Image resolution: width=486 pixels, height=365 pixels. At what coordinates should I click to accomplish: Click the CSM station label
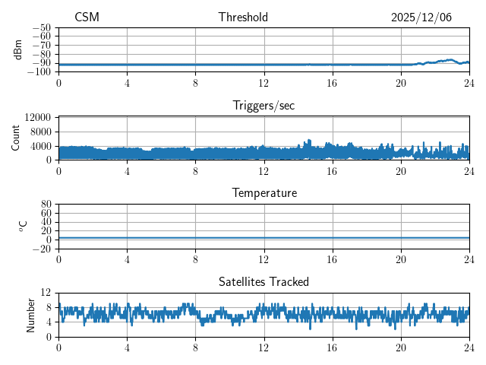pos(87,17)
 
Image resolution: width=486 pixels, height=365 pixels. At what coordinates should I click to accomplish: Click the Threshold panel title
pos(243,17)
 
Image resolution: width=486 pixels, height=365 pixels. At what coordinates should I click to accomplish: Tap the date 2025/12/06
pos(421,17)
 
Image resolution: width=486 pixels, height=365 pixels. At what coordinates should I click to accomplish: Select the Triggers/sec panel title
pos(264,106)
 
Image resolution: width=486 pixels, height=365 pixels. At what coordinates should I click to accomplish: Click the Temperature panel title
pos(264,193)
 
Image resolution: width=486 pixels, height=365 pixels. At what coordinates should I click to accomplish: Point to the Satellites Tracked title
pos(264,281)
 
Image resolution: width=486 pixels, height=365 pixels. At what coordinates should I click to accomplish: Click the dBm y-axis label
pos(18,49)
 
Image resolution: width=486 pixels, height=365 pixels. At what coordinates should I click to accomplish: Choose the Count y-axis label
pos(16,138)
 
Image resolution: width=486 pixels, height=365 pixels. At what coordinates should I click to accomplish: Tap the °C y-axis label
pos(23,226)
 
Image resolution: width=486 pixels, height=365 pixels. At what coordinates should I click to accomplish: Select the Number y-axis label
pos(31,314)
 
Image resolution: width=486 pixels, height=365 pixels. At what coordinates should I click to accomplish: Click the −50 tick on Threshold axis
pos(41,27)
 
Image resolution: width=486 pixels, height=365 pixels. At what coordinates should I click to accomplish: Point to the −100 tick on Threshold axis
pos(39,72)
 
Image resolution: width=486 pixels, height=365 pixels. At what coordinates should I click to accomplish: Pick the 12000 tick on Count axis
pos(37,118)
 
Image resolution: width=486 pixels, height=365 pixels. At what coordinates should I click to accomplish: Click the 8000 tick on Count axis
pos(39,132)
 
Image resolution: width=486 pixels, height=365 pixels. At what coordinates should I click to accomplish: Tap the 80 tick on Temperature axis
pos(46,205)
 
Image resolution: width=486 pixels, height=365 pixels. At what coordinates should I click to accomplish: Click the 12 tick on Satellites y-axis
pos(46,293)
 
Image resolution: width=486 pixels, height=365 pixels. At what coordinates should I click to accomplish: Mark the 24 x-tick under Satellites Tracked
pos(469,347)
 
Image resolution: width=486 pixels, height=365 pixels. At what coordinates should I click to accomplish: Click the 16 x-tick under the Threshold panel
pos(332,82)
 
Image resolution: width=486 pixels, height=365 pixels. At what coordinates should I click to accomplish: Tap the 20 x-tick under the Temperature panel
pos(401,259)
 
